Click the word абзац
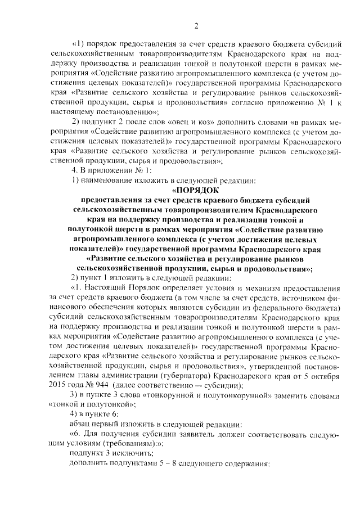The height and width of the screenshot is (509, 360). pyautogui.click(x=81, y=422)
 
